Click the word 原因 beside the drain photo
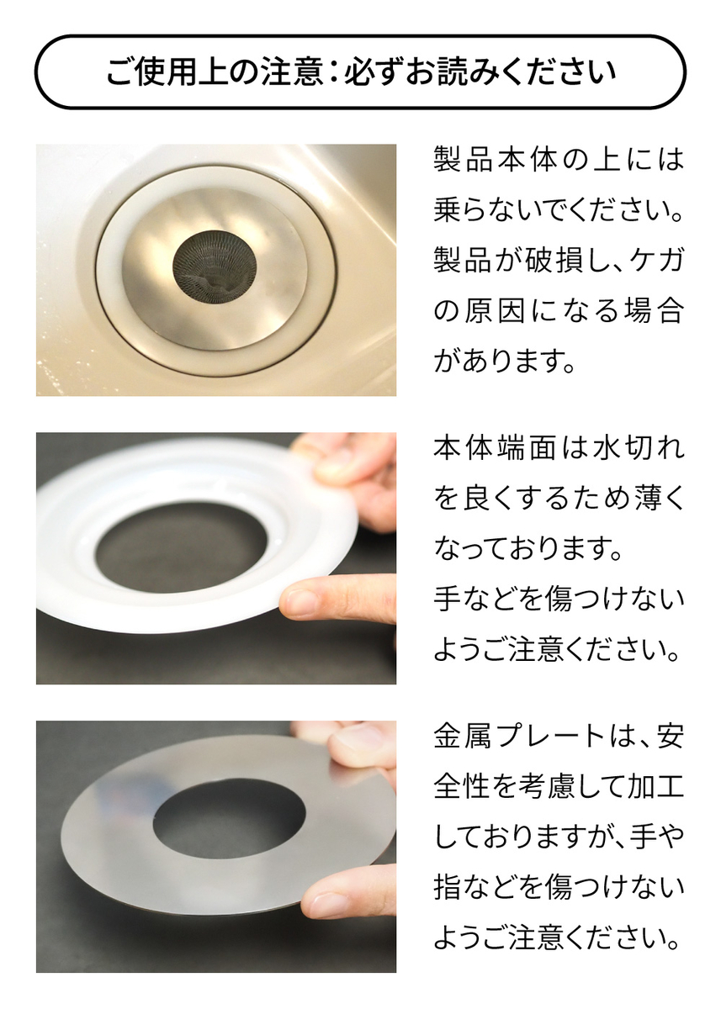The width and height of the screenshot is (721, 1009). pos(495,311)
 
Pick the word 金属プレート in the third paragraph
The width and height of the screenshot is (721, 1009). pos(518,737)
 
